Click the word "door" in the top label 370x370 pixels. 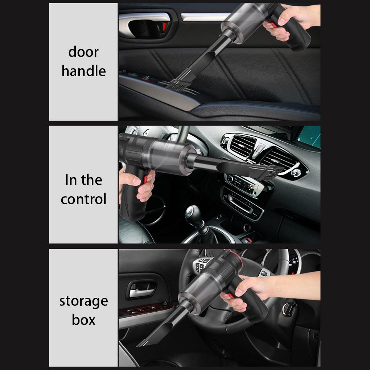pyautogui.click(x=83, y=52)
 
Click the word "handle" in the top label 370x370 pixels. pyautogui.click(x=83, y=71)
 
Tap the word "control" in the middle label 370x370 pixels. pyautogui.click(x=83, y=199)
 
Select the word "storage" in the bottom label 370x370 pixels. pyautogui.click(x=83, y=301)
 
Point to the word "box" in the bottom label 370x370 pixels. pyautogui.click(x=83, y=320)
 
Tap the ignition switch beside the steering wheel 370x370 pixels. pyautogui.click(x=289, y=309)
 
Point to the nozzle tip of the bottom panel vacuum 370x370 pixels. pyautogui.click(x=143, y=343)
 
